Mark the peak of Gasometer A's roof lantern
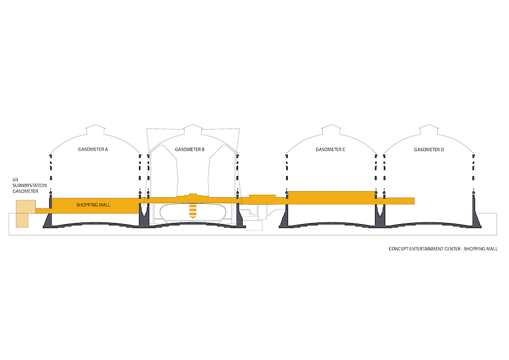[94, 125]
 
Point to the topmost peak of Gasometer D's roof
[429, 125]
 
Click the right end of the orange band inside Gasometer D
[415, 201]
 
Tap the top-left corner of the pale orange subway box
[16, 200]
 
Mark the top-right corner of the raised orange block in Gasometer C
[375, 191]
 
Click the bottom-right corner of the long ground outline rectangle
[497, 235]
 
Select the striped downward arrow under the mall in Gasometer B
[193, 212]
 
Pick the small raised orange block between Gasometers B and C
[262, 196]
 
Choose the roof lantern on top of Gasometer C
[331, 129]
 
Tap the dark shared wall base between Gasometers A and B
[144, 215]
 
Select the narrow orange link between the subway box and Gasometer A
[42, 211]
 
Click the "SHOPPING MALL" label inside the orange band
[93, 205]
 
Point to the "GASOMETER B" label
[189, 149]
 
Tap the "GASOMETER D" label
[429, 149]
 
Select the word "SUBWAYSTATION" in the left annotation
[29, 186]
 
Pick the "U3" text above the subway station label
[15, 179]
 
